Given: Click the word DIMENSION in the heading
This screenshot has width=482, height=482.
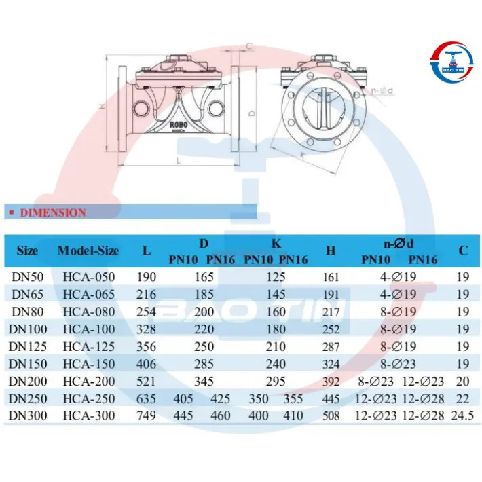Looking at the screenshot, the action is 53,212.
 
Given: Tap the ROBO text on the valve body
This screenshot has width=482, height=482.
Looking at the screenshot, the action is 179,124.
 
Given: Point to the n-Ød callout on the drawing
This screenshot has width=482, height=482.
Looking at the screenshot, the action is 382,91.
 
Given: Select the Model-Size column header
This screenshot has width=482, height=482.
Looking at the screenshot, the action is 88,251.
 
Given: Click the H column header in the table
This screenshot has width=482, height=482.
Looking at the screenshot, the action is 331,251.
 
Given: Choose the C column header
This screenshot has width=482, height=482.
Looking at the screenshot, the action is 463,251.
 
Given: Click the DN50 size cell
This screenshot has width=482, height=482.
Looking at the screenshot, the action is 28,277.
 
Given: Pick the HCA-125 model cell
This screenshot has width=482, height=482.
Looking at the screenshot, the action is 89,347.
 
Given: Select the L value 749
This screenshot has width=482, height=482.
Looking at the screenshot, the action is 147,415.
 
